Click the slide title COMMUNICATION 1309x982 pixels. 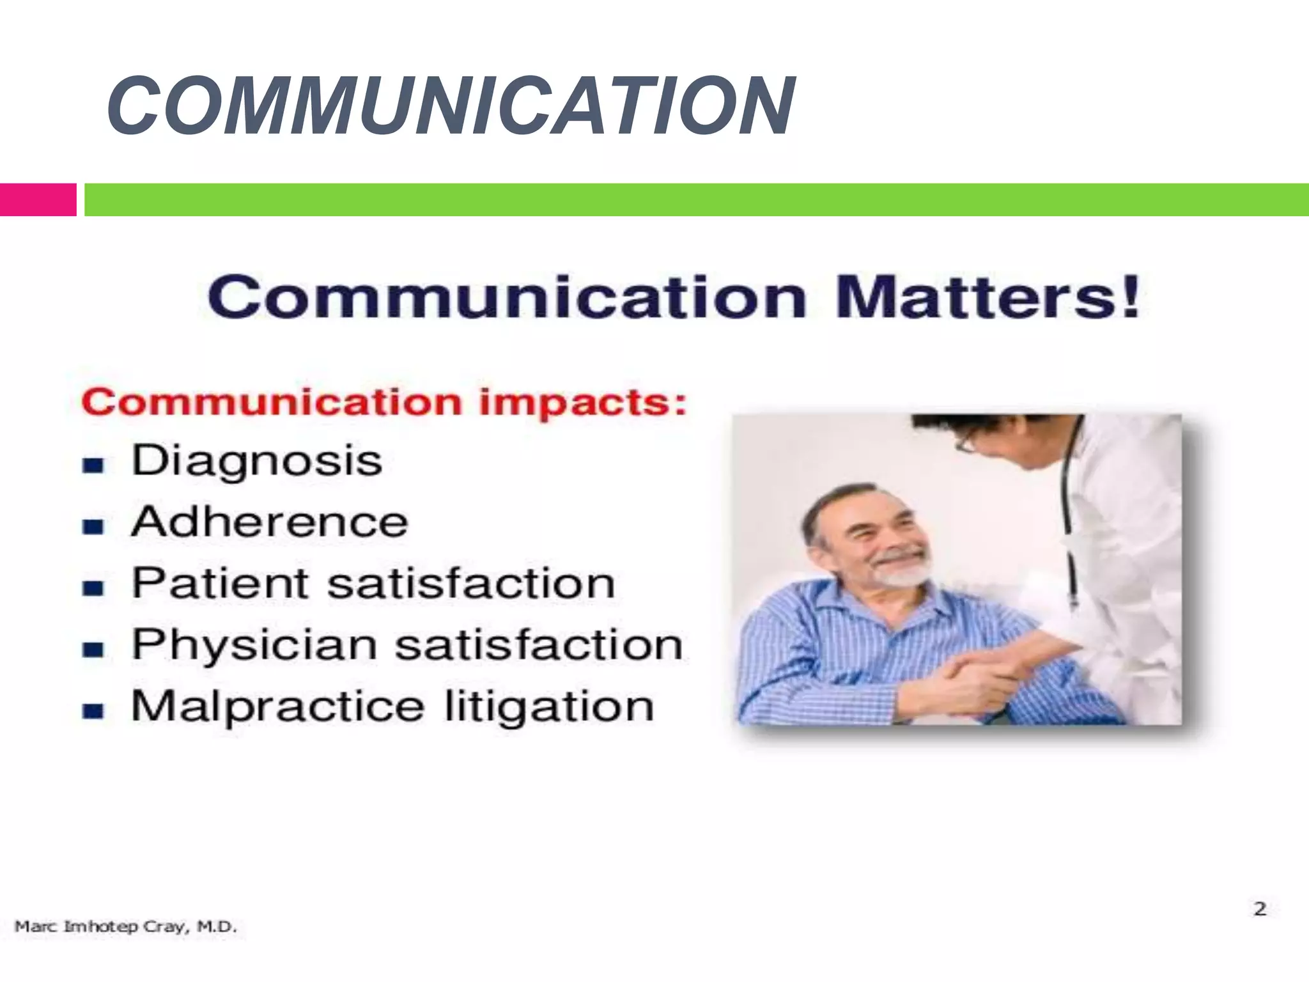[x=451, y=105]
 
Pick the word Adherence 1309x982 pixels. [x=269, y=522]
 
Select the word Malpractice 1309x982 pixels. [x=277, y=706]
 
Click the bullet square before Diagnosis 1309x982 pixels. [x=93, y=465]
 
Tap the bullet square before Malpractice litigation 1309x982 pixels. [x=93, y=710]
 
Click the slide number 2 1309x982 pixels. [x=1260, y=908]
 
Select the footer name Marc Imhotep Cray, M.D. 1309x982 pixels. [x=126, y=926]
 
